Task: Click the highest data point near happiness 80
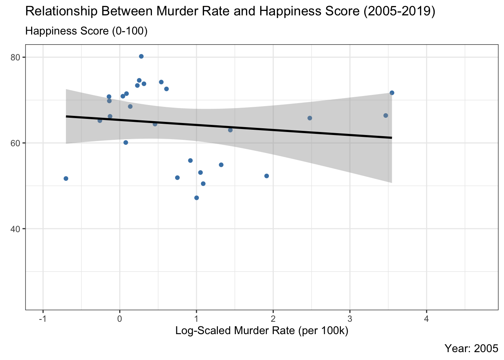click(x=141, y=56)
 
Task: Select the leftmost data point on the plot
click(x=66, y=178)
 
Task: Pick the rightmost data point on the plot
click(x=392, y=93)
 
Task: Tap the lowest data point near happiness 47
click(x=196, y=198)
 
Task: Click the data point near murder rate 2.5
click(x=310, y=118)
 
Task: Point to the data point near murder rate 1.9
click(x=267, y=176)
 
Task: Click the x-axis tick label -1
click(x=43, y=319)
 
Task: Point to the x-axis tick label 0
click(x=120, y=319)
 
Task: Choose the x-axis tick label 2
click(x=273, y=319)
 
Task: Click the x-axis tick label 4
click(x=426, y=319)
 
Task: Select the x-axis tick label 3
click(x=350, y=319)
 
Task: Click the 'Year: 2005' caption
click(x=471, y=348)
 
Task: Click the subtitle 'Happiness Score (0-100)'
click(x=86, y=31)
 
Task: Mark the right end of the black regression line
click(x=391, y=138)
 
